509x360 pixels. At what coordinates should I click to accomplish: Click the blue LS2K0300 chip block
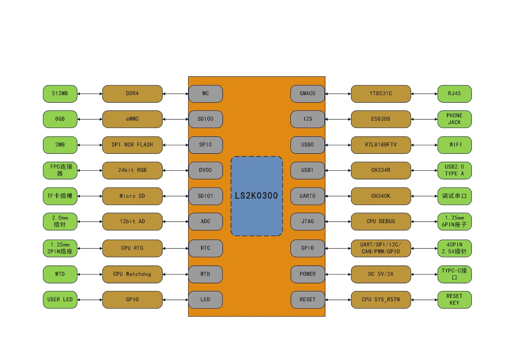(x=257, y=196)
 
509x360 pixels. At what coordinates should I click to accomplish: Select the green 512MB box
(x=60, y=94)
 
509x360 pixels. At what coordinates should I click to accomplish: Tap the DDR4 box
(x=132, y=94)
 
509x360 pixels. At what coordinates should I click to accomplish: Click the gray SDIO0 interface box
(x=205, y=119)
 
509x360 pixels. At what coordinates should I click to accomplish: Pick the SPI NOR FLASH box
(x=132, y=144)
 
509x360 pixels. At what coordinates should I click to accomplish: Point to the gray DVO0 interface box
(x=205, y=170)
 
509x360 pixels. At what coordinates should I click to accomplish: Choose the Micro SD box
(x=132, y=196)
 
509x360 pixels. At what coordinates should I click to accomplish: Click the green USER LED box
(x=60, y=299)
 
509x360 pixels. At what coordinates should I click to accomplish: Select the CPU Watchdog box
(x=132, y=274)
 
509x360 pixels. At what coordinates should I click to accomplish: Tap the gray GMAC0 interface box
(x=308, y=94)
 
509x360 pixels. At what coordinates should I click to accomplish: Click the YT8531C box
(x=381, y=94)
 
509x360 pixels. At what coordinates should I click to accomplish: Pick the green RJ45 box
(x=454, y=94)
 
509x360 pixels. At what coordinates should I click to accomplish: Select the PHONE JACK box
(x=454, y=119)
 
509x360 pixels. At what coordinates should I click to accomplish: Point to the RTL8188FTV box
(x=381, y=144)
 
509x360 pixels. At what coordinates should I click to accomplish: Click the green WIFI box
(x=454, y=144)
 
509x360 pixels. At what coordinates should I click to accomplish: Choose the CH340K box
(x=381, y=196)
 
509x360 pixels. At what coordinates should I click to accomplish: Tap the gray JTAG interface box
(x=308, y=221)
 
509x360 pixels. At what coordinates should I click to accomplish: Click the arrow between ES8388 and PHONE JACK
(x=424, y=119)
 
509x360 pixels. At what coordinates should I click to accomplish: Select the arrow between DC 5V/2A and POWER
(x=338, y=274)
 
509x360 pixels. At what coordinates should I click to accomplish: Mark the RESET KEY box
(x=454, y=299)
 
